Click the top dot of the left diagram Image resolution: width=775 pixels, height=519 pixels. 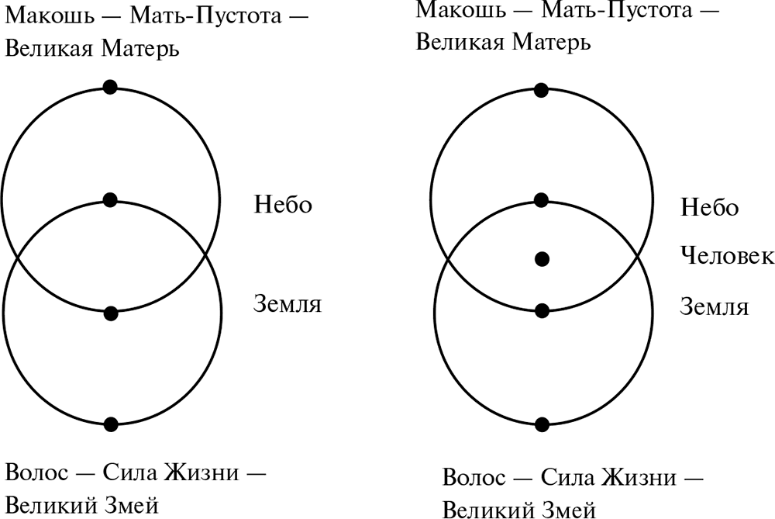[x=110, y=87]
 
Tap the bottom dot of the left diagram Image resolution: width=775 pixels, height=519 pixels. [x=111, y=424]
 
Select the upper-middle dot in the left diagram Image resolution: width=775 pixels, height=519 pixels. [x=110, y=200]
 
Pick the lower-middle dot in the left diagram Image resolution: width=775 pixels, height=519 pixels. [x=111, y=313]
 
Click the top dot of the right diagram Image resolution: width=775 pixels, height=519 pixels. [x=541, y=91]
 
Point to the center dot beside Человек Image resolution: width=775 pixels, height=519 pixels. [x=542, y=259]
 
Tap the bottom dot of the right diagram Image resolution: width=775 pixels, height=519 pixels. [x=542, y=424]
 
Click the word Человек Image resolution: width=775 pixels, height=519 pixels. [x=727, y=256]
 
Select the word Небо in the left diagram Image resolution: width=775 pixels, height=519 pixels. [x=283, y=204]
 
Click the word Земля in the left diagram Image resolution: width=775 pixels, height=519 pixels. [x=288, y=304]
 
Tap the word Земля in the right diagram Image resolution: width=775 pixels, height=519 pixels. [x=715, y=306]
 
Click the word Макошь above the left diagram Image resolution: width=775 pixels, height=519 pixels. [x=49, y=16]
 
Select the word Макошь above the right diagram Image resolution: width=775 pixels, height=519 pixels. [x=460, y=10]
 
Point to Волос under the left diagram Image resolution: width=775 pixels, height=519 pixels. [x=36, y=472]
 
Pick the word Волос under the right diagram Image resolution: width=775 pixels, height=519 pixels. [x=474, y=477]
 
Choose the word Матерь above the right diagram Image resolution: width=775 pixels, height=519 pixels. [x=551, y=42]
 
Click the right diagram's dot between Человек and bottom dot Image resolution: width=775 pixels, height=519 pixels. [x=542, y=311]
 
